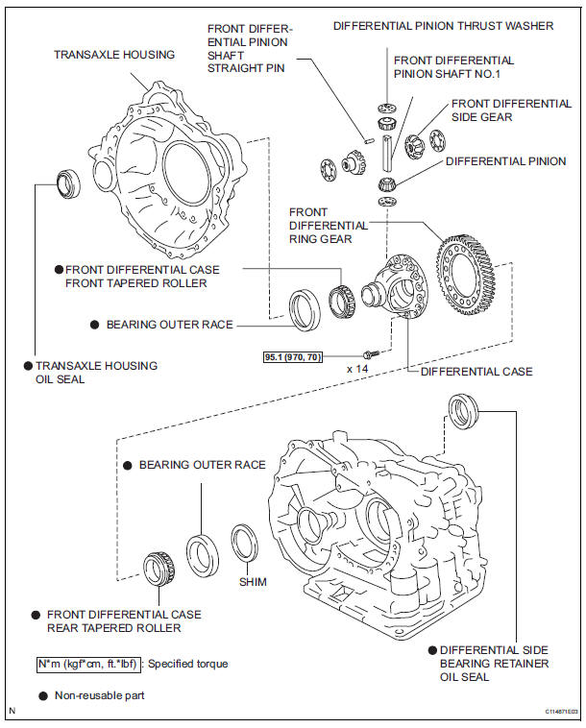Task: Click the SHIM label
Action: (x=254, y=582)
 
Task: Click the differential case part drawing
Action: (x=399, y=286)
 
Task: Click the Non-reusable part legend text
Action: (x=104, y=692)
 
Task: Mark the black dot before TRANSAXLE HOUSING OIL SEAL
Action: (x=29, y=366)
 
